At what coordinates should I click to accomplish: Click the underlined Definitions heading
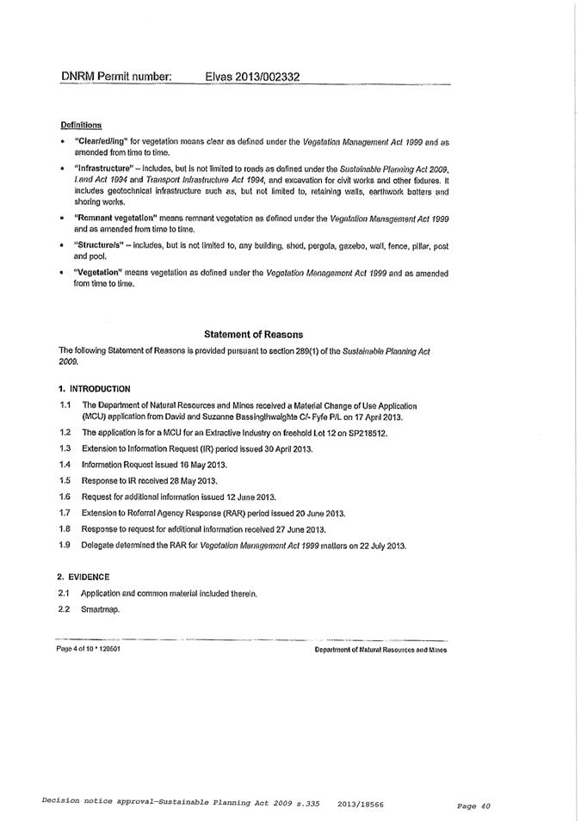(x=81, y=125)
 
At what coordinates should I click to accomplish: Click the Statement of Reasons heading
(x=254, y=334)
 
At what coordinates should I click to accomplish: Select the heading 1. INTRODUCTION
(x=94, y=388)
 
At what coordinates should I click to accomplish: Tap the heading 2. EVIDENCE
(x=83, y=576)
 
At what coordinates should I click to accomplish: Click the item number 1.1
(x=65, y=404)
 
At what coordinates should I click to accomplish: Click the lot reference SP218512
(x=367, y=432)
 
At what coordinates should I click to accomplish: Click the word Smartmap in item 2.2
(x=99, y=609)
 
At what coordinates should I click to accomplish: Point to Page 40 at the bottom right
(x=473, y=806)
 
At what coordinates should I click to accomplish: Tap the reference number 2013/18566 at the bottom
(x=361, y=802)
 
